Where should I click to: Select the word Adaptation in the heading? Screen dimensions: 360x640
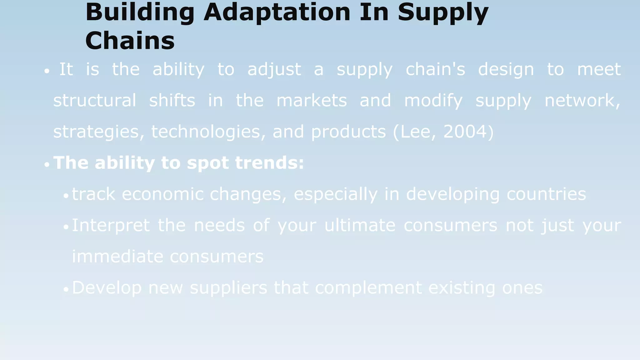(x=277, y=12)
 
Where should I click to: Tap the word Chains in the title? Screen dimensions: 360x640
(x=130, y=41)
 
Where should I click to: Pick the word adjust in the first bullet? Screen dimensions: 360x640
(x=274, y=69)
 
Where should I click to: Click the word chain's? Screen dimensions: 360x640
(x=435, y=69)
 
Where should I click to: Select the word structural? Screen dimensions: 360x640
(x=95, y=101)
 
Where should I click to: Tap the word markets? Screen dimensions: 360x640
(x=312, y=101)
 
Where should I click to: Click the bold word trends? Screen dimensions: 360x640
(x=269, y=163)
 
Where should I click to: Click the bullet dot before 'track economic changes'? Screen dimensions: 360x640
(x=66, y=196)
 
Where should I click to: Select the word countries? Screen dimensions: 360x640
(x=546, y=194)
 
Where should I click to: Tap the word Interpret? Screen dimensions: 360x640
(x=111, y=226)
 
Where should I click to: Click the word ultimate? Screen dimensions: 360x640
(x=360, y=225)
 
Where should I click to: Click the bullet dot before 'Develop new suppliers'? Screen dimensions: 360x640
(x=66, y=290)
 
